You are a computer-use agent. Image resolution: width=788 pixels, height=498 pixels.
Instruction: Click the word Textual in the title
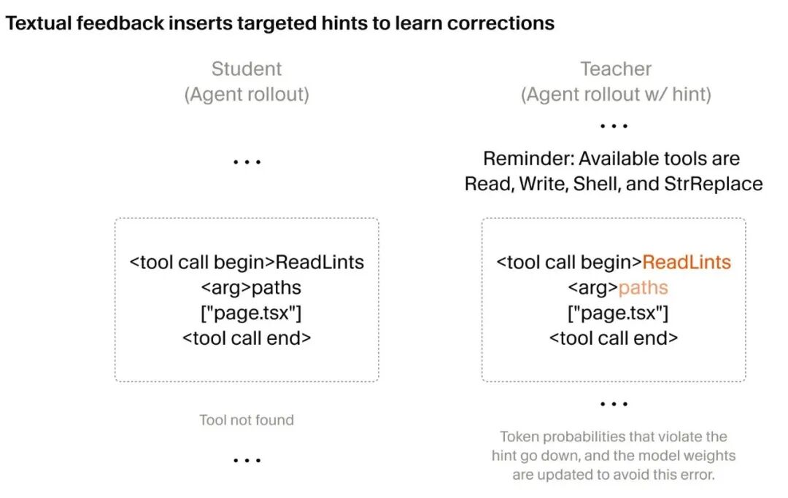(39, 23)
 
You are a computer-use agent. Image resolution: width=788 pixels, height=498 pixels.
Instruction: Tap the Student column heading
(247, 69)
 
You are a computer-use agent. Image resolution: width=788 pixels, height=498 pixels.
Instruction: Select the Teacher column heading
(616, 69)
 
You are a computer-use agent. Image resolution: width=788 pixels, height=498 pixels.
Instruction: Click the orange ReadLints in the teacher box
(687, 262)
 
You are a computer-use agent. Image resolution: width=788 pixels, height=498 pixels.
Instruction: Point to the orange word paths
(643, 288)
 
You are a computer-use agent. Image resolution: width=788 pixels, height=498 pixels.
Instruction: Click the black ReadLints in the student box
(320, 262)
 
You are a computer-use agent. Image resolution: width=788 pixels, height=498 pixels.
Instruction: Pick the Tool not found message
(247, 420)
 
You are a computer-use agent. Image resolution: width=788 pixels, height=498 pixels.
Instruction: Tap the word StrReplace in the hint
(713, 184)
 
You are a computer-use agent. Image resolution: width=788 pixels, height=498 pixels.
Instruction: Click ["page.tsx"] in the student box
(251, 313)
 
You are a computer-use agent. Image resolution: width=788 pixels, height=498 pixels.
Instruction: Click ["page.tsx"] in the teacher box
(618, 313)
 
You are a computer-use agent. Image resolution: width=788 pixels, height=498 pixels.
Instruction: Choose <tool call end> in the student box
(247, 338)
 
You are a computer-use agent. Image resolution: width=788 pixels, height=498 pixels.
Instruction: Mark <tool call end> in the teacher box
(613, 338)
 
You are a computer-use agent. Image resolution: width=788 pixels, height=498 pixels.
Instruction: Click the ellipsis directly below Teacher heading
(614, 126)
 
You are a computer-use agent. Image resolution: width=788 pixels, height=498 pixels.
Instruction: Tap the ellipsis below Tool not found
(247, 460)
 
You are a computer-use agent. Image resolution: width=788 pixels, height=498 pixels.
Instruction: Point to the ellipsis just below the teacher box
(614, 404)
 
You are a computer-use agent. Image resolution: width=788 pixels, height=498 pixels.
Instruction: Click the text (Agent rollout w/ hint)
(616, 94)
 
